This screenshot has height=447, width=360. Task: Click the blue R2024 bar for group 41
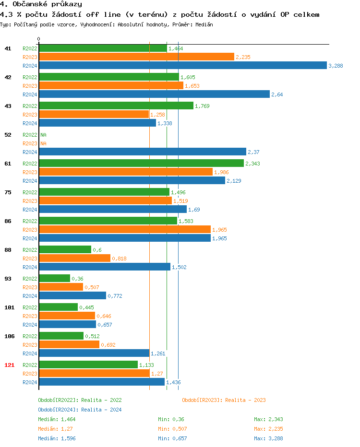[x=182, y=66]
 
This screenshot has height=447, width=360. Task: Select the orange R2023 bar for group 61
[x=125, y=172]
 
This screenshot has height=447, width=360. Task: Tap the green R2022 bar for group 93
[x=54, y=279]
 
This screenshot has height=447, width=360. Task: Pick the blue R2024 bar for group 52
[x=142, y=152]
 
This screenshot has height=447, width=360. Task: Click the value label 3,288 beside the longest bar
[x=336, y=66]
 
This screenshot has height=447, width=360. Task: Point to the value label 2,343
[x=252, y=164]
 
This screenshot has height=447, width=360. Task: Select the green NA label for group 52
[x=43, y=135]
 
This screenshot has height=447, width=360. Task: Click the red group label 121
[x=9, y=365]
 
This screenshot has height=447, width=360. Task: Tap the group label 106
[x=9, y=336]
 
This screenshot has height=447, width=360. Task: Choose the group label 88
[x=8, y=250]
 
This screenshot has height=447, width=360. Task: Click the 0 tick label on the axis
[x=39, y=39]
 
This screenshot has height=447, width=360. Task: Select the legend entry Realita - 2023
[x=224, y=400]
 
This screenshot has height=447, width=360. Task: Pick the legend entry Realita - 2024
[x=80, y=410]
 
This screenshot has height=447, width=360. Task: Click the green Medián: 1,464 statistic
[x=57, y=419]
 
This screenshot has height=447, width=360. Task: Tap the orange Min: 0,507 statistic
[x=172, y=429]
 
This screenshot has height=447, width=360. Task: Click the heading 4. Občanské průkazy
[x=41, y=4]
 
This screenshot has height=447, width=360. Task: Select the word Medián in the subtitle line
[x=204, y=24]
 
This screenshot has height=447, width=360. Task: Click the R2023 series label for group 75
[x=30, y=201]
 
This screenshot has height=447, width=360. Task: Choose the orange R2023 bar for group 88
[x=74, y=258]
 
